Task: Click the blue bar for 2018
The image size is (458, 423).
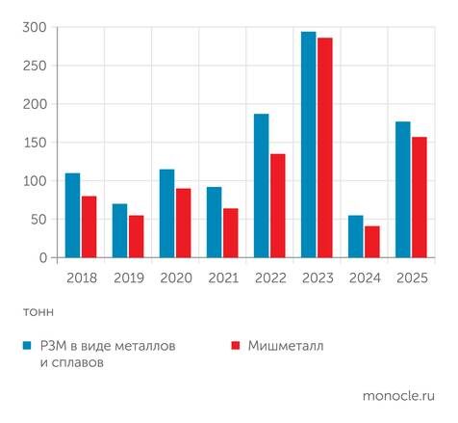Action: pyautogui.click(x=72, y=216)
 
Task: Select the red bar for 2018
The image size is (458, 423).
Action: pyautogui.click(x=89, y=227)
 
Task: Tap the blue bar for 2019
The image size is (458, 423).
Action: pyautogui.click(x=119, y=231)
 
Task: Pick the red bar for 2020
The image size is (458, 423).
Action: pyautogui.click(x=183, y=223)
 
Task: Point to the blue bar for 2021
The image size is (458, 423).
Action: pyautogui.click(x=214, y=223)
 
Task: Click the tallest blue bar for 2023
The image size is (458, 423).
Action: pyautogui.click(x=308, y=145)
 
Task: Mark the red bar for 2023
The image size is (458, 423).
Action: pyautogui.click(x=324, y=148)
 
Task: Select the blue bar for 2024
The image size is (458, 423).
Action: pyautogui.click(x=355, y=237)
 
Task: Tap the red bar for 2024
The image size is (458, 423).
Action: pyautogui.click(x=371, y=242)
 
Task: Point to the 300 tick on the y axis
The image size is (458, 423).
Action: pyautogui.click(x=34, y=27)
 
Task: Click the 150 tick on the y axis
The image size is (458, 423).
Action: pyautogui.click(x=34, y=143)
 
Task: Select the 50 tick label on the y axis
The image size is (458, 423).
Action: pyautogui.click(x=37, y=220)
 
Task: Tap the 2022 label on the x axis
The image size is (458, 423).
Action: pyautogui.click(x=269, y=278)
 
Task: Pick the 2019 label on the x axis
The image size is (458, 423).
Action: pyautogui.click(x=127, y=278)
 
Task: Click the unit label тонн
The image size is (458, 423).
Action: pyautogui.click(x=38, y=311)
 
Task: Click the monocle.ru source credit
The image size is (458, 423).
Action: pyautogui.click(x=398, y=395)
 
